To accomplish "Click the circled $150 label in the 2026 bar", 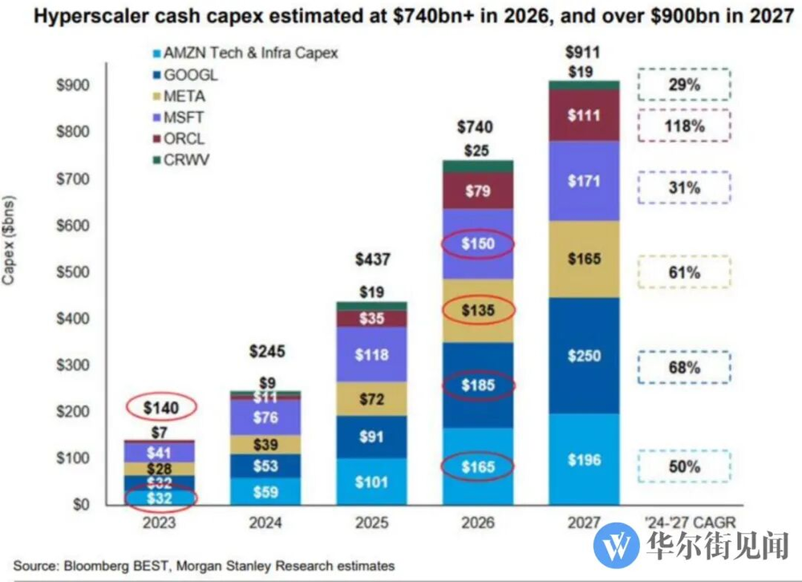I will [x=479, y=245].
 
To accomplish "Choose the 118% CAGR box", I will [x=684, y=126].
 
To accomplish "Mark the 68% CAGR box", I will [x=684, y=368].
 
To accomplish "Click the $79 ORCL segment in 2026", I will [x=479, y=192].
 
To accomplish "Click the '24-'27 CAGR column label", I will [x=684, y=523].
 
